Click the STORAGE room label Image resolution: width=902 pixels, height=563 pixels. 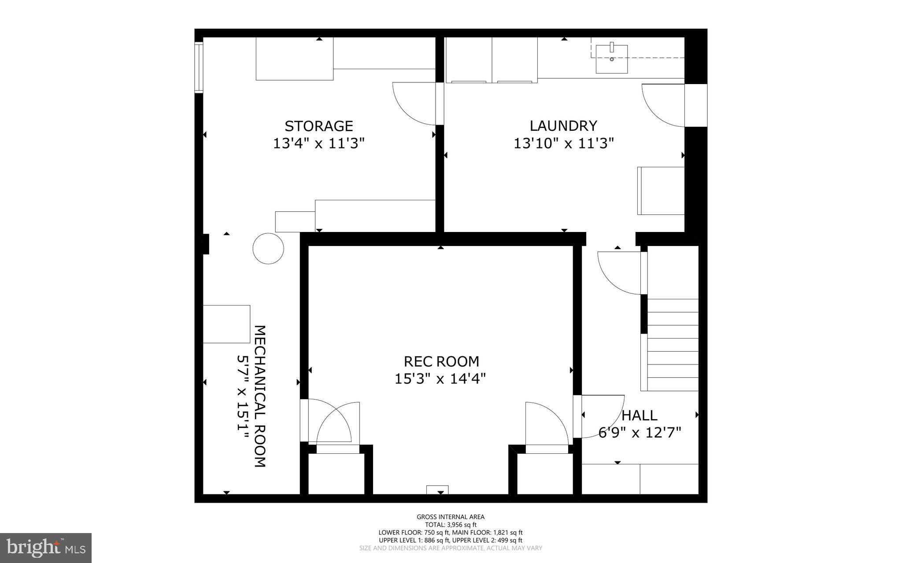click(x=319, y=126)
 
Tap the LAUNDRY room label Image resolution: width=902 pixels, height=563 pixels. click(x=563, y=126)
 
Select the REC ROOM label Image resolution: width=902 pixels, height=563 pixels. click(x=441, y=361)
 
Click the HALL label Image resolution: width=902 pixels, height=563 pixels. click(x=639, y=415)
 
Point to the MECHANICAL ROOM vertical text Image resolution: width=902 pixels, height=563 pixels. click(x=260, y=396)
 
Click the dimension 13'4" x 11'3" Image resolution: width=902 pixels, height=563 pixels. click(x=319, y=144)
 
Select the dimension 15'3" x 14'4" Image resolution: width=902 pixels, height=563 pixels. click(x=440, y=379)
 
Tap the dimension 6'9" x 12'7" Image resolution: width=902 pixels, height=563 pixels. click(x=640, y=432)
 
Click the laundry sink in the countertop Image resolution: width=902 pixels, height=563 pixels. click(x=611, y=59)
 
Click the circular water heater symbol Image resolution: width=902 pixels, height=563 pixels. click(x=268, y=248)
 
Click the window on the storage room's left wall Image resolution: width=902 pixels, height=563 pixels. click(x=199, y=67)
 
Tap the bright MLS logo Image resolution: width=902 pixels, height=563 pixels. click(x=45, y=548)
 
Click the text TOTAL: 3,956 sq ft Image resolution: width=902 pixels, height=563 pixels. click(x=451, y=525)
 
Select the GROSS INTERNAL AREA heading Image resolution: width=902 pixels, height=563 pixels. click(x=451, y=517)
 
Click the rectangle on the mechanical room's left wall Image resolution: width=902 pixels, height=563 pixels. click(x=226, y=324)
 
